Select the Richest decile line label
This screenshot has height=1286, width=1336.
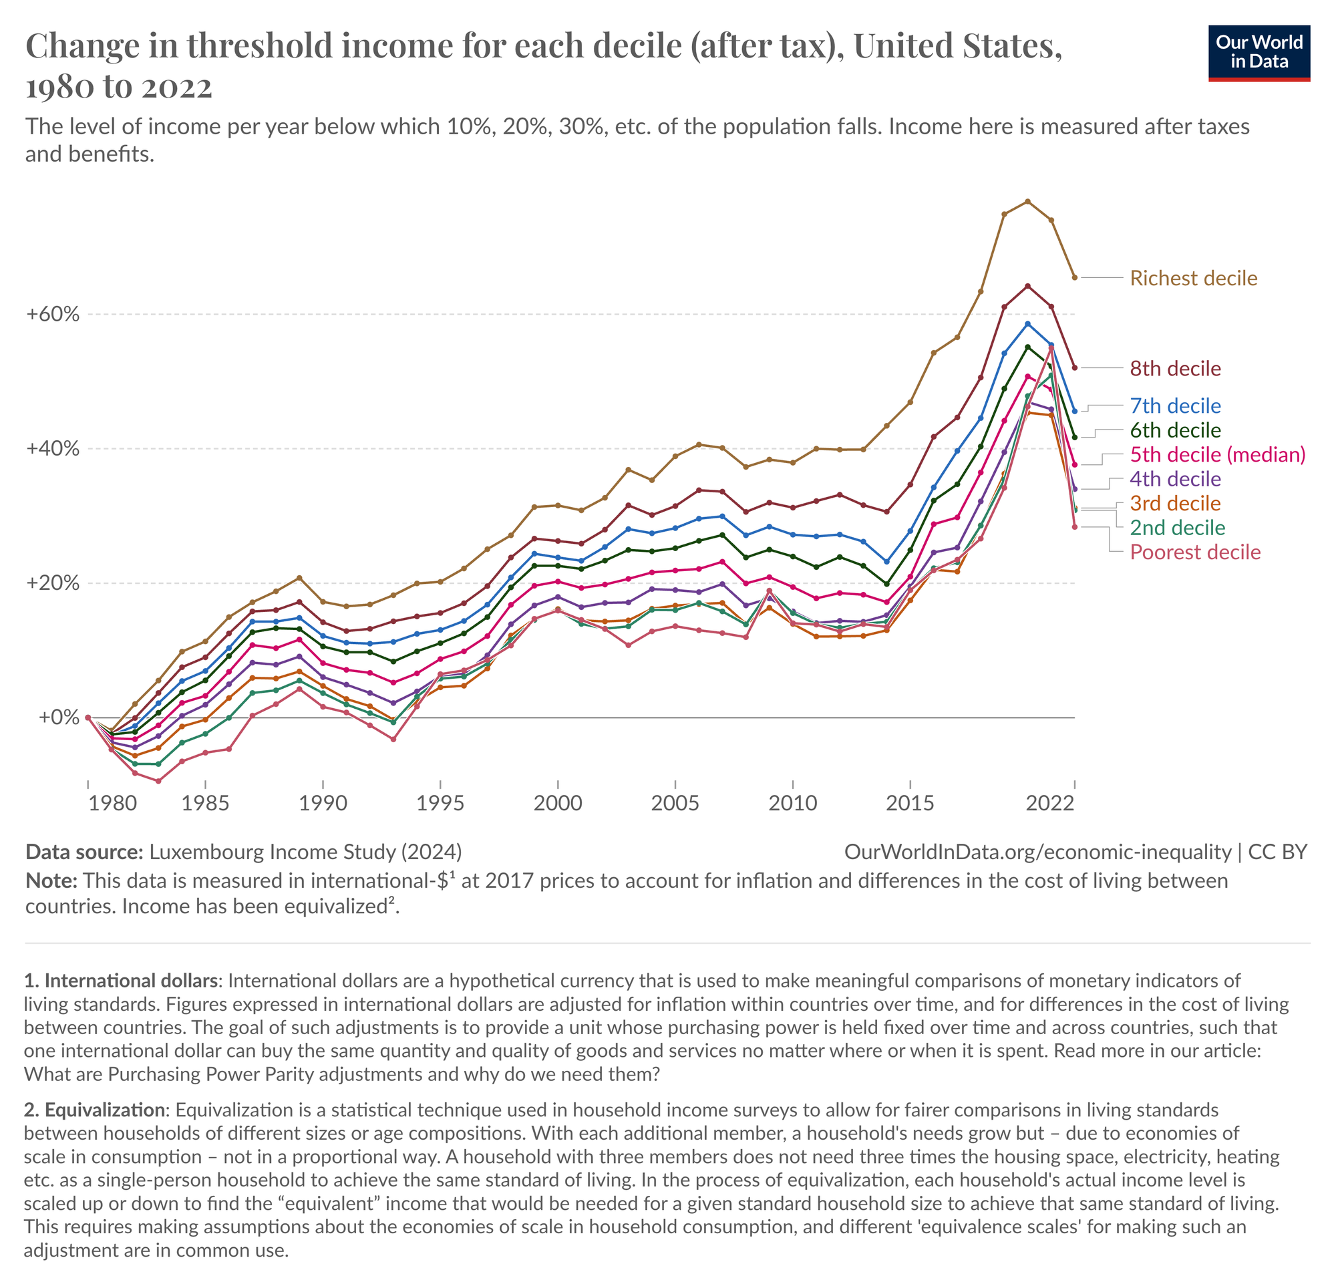click(x=1193, y=278)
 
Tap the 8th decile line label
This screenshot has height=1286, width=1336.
click(x=1175, y=369)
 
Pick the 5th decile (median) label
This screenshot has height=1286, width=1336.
click(x=1217, y=454)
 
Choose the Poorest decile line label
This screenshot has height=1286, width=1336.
click(x=1195, y=552)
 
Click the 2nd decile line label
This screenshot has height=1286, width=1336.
click(x=1177, y=528)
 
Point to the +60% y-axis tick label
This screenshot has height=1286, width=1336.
click(x=53, y=315)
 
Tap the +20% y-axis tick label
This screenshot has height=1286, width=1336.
click(x=53, y=583)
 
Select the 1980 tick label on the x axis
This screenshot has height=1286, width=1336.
click(x=112, y=804)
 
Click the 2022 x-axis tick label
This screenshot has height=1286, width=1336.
click(x=1050, y=804)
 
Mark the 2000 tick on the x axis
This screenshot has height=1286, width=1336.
click(x=558, y=804)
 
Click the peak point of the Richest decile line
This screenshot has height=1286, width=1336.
click(x=1027, y=201)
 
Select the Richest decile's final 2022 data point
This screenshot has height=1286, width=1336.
click(x=1074, y=277)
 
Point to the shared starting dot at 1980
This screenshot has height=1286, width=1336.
click(x=88, y=717)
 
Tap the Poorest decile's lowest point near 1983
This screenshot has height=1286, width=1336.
click(x=158, y=781)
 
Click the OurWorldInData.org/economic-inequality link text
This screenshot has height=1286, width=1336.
click(x=1037, y=852)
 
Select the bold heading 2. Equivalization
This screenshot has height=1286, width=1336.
click(x=94, y=1110)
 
